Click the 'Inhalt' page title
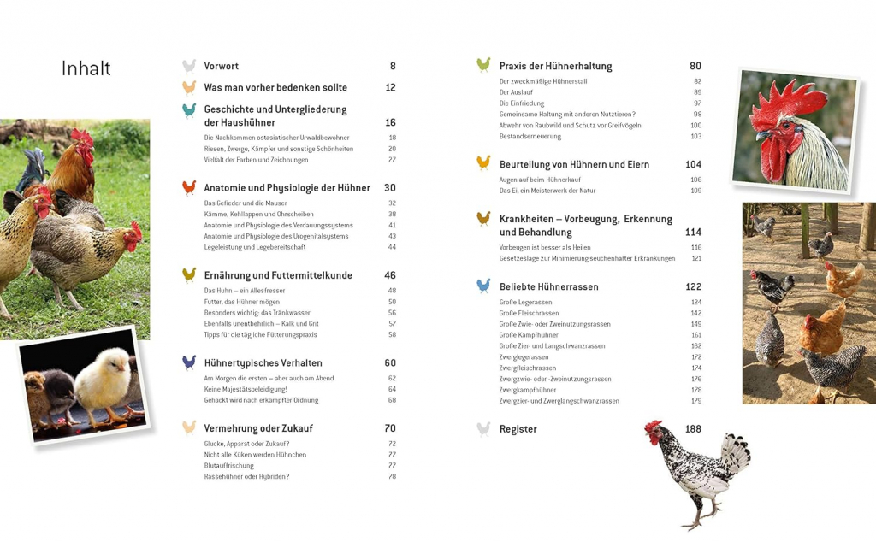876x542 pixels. coord(86,68)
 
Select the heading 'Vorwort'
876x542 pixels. coord(221,67)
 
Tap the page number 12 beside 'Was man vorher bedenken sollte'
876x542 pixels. coord(390,88)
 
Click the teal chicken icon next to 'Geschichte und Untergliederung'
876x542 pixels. coord(189,110)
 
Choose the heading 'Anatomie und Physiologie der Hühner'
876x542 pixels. coord(287,188)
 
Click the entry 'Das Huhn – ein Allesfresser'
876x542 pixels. coord(245,291)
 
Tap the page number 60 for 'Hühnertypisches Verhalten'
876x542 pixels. coord(390,363)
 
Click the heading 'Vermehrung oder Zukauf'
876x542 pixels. coord(257,428)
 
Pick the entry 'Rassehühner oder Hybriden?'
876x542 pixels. coord(246,477)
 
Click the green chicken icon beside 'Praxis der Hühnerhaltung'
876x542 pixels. coord(483,65)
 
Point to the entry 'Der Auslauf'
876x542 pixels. coord(517,92)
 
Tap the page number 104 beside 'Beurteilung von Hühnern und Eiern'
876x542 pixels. coord(693,165)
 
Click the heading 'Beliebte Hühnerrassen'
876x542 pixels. coord(548,287)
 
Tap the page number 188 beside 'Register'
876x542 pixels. coord(693,429)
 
